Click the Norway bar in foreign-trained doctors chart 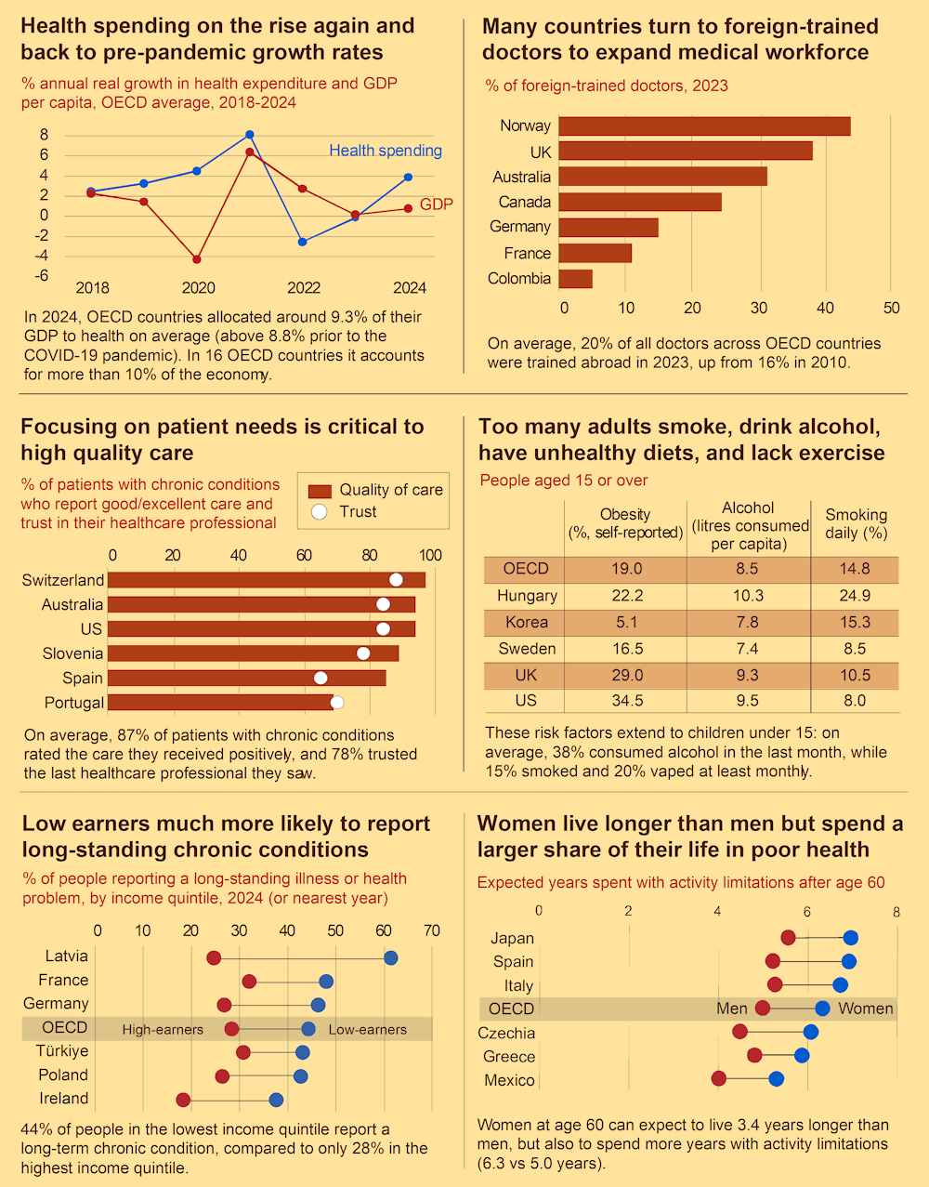click(704, 126)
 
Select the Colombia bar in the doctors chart click(575, 279)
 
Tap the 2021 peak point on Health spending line click(250, 135)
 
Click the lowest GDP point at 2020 click(197, 259)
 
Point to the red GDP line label click(436, 204)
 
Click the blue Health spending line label click(386, 151)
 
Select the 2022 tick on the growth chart click(304, 288)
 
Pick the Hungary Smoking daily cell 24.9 click(855, 596)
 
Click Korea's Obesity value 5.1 click(627, 623)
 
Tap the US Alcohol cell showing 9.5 click(747, 701)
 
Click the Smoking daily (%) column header click(856, 523)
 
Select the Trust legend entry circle click(320, 512)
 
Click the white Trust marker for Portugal click(337, 703)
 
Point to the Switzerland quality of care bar click(267, 580)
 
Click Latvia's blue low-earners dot click(391, 957)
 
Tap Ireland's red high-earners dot click(183, 1100)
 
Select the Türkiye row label click(62, 1051)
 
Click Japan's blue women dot click(851, 938)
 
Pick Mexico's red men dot click(719, 1079)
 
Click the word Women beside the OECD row click(866, 1009)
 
